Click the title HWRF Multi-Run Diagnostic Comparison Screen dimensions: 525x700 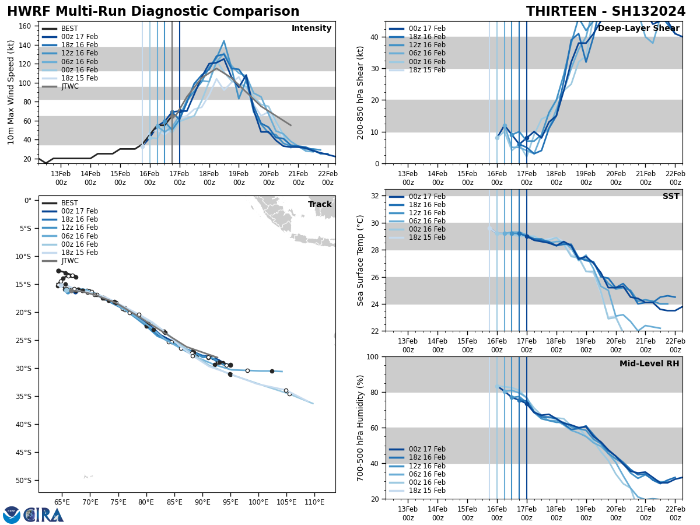tap(153, 12)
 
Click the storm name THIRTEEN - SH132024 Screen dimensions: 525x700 tap(605, 12)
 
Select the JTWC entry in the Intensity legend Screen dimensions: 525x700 tap(69, 86)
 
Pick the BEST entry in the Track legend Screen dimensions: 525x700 tap(69, 203)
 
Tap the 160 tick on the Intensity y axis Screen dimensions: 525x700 tap(26, 26)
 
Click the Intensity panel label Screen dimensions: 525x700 tap(311, 29)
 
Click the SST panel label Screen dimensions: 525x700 tap(671, 197)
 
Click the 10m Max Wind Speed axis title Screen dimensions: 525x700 tap(11, 93)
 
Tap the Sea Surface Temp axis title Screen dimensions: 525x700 tap(360, 260)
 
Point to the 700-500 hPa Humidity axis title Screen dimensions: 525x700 tap(360, 428)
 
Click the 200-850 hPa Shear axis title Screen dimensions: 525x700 tap(360, 93)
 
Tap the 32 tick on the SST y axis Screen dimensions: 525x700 tap(376, 196)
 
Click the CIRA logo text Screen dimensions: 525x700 tap(44, 514)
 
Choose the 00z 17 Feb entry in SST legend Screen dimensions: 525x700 tap(428, 197)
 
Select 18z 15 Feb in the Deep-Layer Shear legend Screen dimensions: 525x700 tap(428, 70)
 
